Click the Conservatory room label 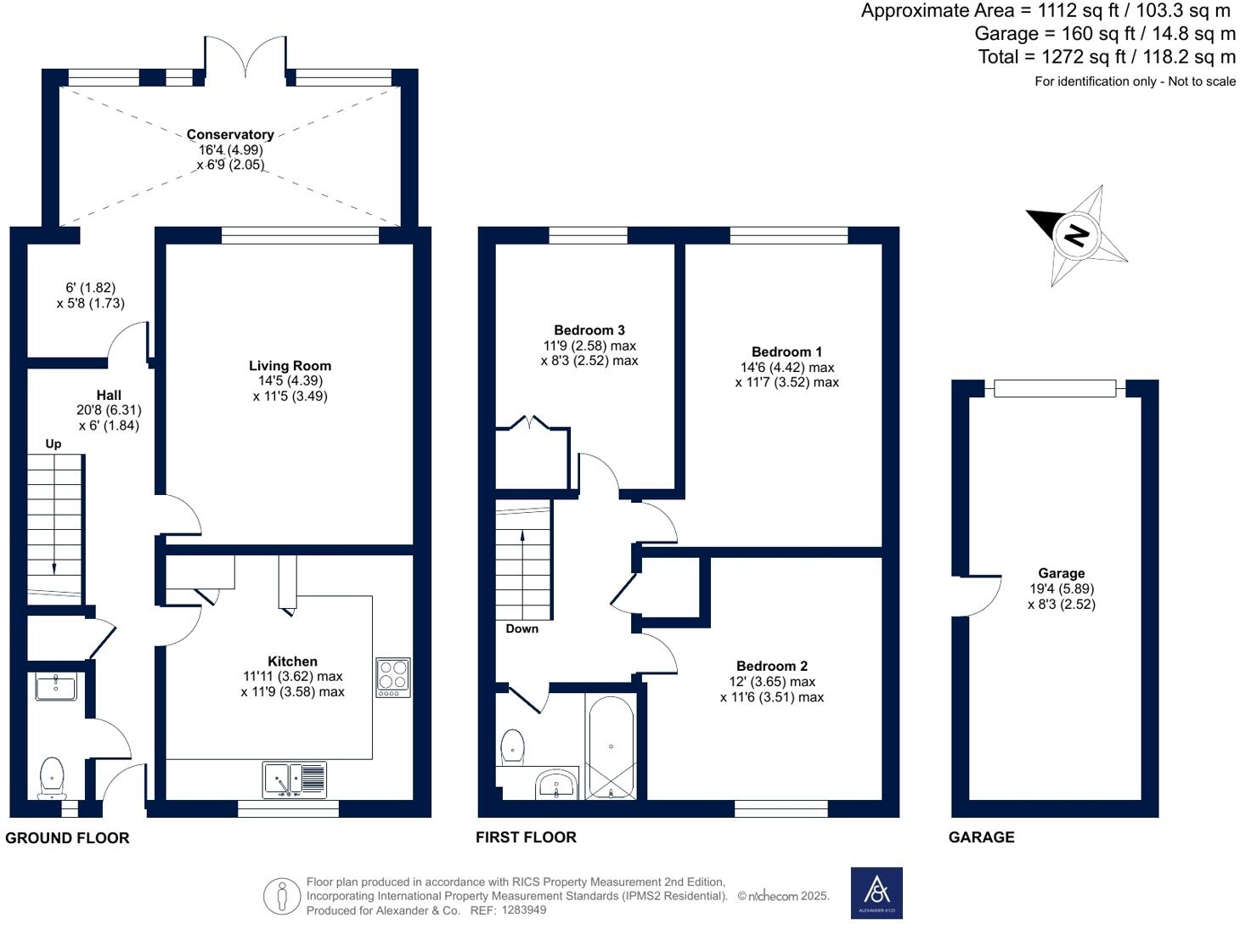(x=230, y=134)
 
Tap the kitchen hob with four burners (x=393, y=677)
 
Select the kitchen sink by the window (x=295, y=780)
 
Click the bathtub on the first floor (x=611, y=746)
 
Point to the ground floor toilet (x=52, y=778)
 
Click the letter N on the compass (x=1076, y=235)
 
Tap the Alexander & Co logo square (x=876, y=892)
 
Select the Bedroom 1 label (x=786, y=352)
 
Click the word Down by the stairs (x=522, y=628)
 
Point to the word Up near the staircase (x=54, y=444)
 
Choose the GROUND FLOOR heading (x=67, y=838)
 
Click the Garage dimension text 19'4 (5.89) (x=1062, y=588)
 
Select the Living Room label (x=290, y=366)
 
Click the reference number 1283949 (x=524, y=909)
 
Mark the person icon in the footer (x=282, y=896)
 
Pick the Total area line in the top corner (x=1107, y=57)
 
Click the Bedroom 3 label (x=589, y=330)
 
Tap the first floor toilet (x=512, y=746)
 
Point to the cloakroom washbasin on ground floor (x=56, y=687)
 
